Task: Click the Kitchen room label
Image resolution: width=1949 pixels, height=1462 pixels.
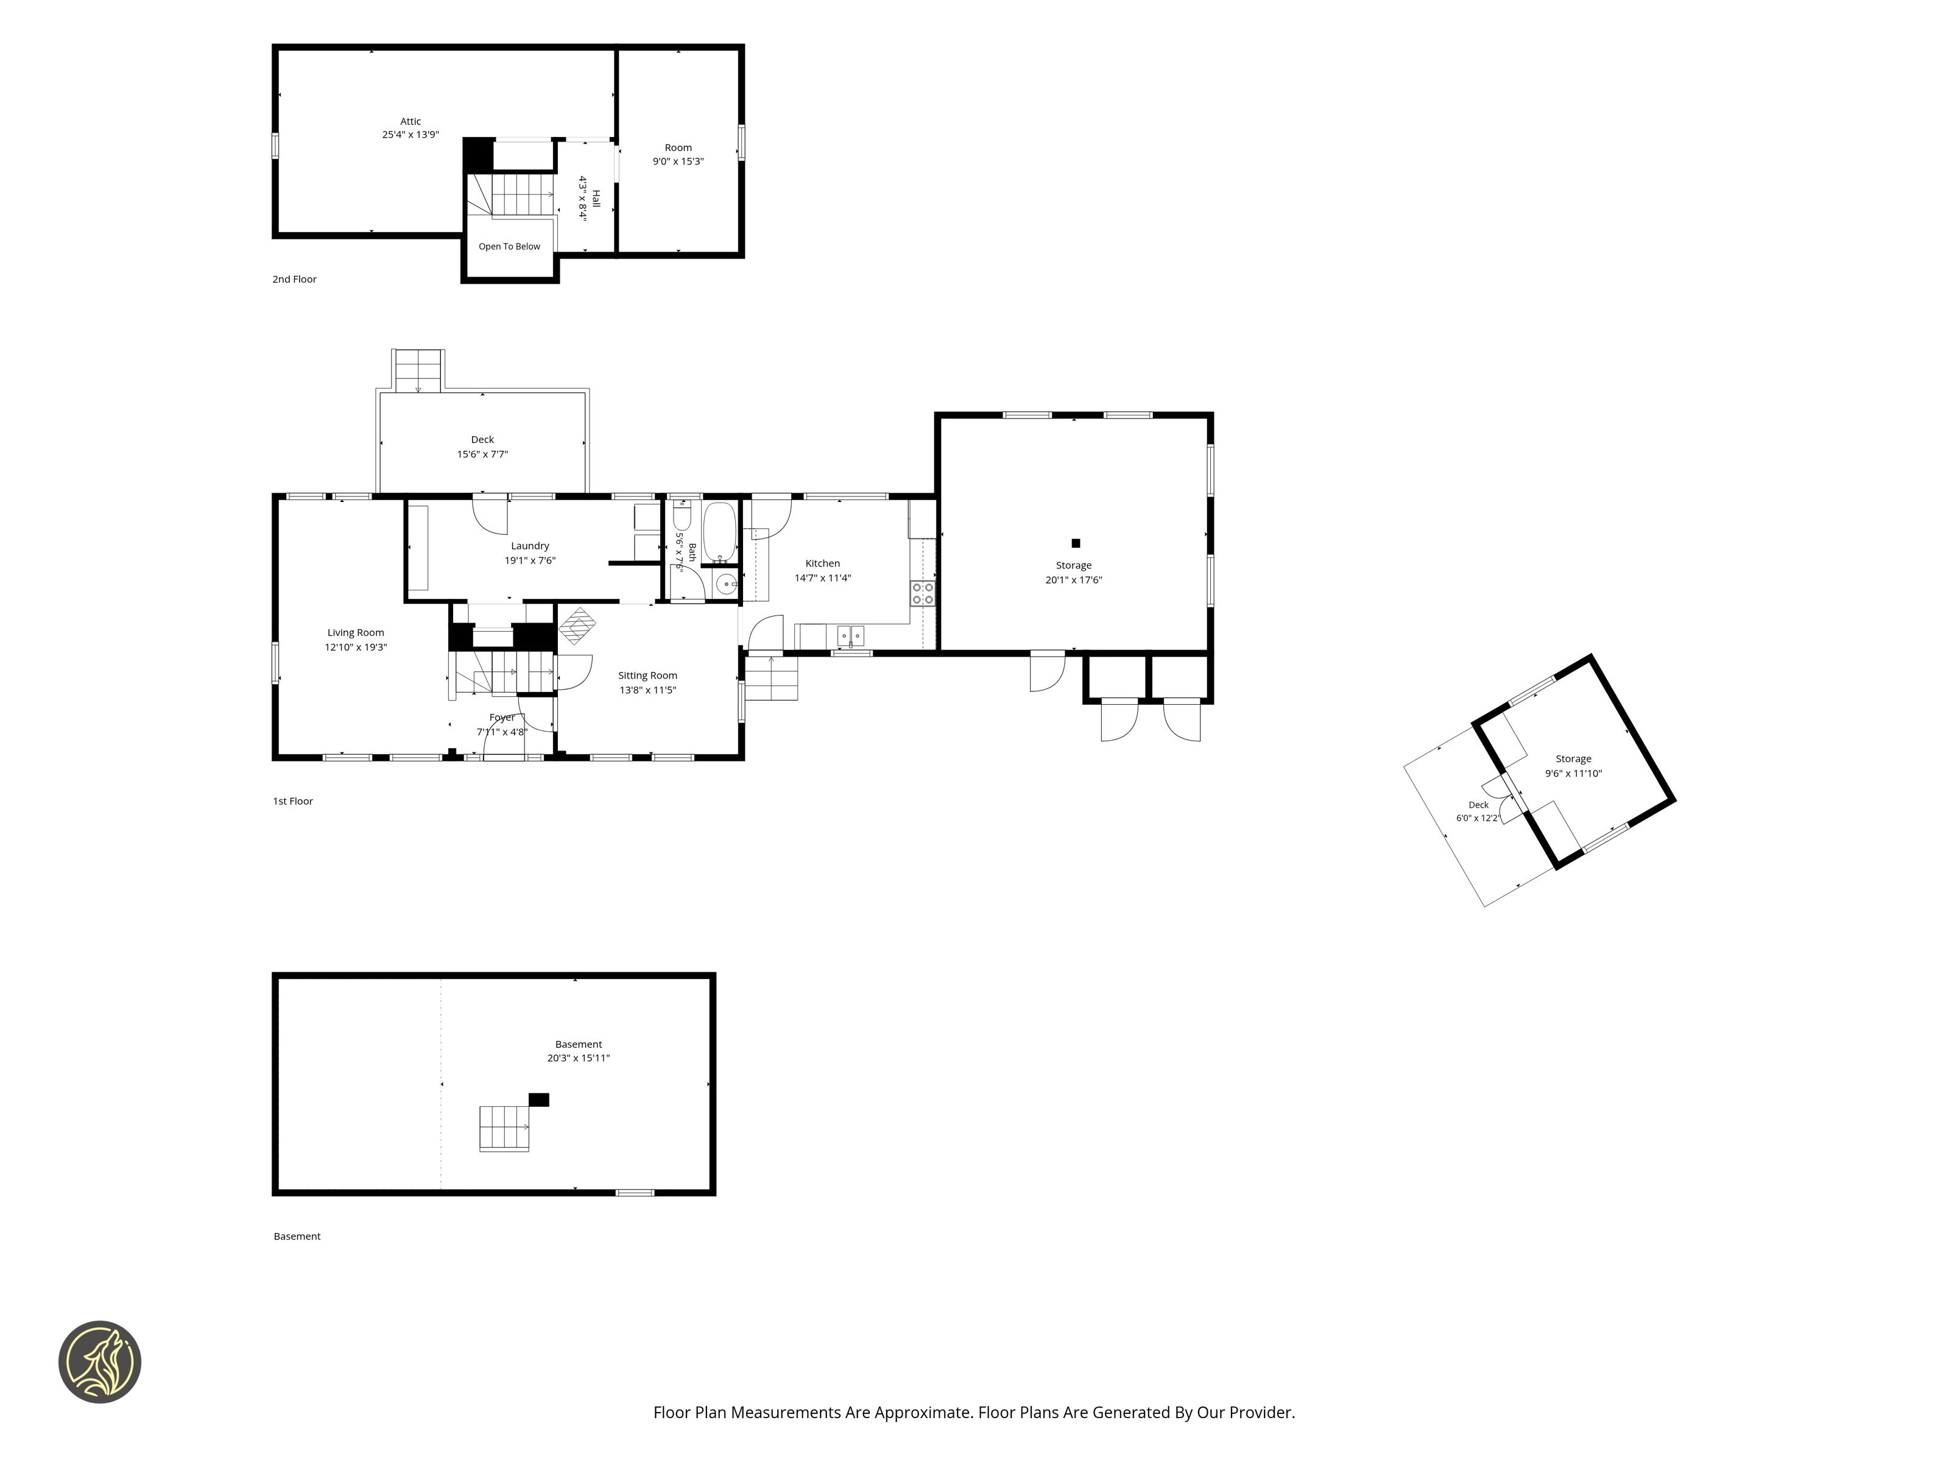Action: (x=822, y=563)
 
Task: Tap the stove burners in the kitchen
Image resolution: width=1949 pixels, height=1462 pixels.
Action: (x=923, y=593)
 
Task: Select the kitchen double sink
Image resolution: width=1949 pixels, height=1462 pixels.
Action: (x=850, y=635)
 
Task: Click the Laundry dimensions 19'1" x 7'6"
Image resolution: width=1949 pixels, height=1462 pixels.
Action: (x=529, y=560)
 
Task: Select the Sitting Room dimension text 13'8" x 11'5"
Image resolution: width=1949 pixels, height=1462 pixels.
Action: (x=647, y=690)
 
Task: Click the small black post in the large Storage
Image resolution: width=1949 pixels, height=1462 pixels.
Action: (x=1075, y=543)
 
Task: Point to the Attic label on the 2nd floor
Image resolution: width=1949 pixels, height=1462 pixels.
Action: (x=411, y=122)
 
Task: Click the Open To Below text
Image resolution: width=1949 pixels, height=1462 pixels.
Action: (x=509, y=247)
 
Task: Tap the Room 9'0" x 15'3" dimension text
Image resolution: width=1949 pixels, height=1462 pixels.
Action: (x=678, y=161)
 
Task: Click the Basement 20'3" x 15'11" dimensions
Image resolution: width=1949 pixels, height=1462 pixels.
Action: (x=578, y=1058)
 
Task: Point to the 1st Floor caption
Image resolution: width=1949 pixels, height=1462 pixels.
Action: (x=292, y=801)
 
